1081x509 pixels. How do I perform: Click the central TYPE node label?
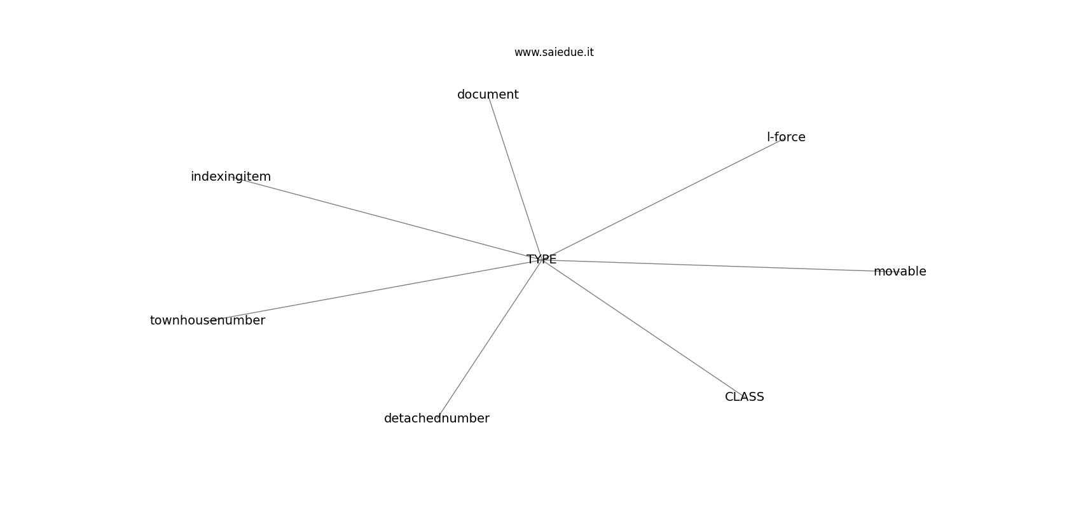point(541,260)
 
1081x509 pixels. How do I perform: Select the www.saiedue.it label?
point(554,52)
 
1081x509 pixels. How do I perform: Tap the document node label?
point(488,95)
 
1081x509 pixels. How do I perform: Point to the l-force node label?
point(786,137)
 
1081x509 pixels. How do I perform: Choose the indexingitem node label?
point(231,177)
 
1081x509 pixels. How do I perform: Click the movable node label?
point(900,272)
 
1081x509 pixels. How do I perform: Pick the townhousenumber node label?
point(207,320)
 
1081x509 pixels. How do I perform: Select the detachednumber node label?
point(437,418)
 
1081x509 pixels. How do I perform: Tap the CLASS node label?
point(745,397)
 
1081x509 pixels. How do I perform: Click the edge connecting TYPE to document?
point(514,178)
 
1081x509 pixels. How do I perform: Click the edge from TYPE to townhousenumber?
point(375,289)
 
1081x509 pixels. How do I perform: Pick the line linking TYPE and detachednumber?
point(489,339)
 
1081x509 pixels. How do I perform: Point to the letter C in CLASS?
point(729,397)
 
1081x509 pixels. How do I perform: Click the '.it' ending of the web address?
point(589,52)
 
